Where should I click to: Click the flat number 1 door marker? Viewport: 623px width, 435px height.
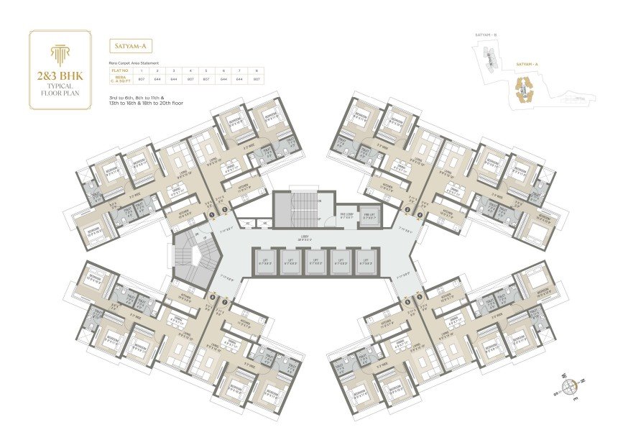[x=213, y=213]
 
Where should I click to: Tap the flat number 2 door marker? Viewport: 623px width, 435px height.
[x=224, y=209]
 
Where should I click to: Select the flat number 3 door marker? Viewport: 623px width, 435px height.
[x=407, y=209]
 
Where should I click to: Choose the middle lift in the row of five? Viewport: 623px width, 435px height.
[x=315, y=262]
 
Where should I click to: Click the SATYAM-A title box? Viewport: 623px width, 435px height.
[x=131, y=47]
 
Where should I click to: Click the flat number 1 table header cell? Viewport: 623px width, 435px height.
[x=141, y=70]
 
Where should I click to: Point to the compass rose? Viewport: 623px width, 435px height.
[x=570, y=387]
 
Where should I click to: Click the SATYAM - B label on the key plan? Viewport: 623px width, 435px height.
[x=486, y=34]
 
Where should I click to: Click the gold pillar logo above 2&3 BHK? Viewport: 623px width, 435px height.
[x=60, y=52]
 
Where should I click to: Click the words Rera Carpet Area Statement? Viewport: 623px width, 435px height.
[x=134, y=63]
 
